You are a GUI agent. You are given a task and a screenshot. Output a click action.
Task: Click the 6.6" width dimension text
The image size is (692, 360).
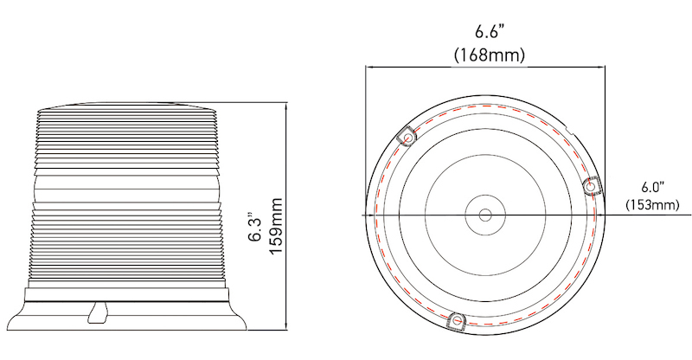490,32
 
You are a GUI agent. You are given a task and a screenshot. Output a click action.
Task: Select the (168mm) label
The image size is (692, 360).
490,54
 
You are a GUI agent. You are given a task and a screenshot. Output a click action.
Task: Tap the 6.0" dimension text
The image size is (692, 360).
651,188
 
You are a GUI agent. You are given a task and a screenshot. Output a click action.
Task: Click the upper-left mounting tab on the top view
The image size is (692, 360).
407,136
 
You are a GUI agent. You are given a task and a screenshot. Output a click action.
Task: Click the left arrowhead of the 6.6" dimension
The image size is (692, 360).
368,66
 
